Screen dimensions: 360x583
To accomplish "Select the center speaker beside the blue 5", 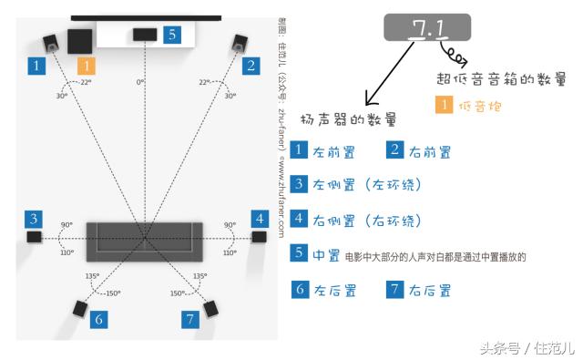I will (x=144, y=35).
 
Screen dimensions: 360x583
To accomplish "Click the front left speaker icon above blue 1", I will (x=52, y=42).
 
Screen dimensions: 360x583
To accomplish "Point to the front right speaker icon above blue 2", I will (x=240, y=42).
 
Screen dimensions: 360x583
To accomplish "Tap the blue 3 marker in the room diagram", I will (x=34, y=219).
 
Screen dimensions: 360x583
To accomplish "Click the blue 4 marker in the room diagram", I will (x=260, y=219).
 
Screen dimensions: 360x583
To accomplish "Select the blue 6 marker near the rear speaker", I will (x=98, y=319).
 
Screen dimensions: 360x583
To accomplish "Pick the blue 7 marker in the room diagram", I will (x=189, y=319).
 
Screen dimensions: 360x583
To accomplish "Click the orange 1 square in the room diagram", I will (x=86, y=66).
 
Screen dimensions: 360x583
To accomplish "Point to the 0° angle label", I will (x=140, y=82).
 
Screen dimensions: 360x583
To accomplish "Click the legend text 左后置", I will (x=334, y=291).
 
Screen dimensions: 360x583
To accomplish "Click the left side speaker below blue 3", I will (x=35, y=237).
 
